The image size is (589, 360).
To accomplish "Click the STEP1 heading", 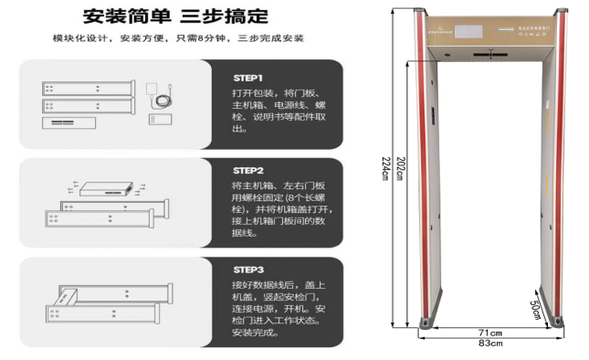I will tap(248, 79).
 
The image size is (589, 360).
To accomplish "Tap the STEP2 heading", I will tap(248, 171).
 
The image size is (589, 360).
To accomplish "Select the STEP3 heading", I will tap(248, 270).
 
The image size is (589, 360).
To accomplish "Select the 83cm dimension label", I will tap(489, 344).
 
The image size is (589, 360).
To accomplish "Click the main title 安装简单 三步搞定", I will tap(175, 16).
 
